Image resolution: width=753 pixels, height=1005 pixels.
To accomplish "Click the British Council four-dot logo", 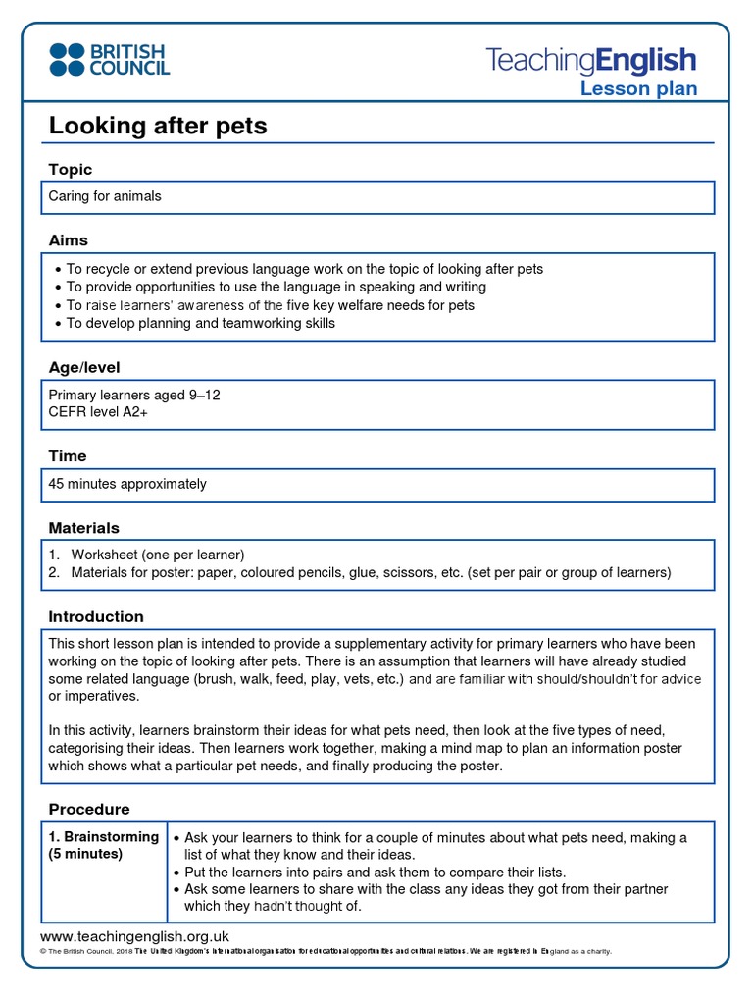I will [x=67, y=59].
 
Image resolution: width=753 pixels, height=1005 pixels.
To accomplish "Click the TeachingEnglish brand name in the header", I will [x=591, y=61].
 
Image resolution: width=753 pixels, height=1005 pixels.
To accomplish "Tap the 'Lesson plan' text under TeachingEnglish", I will [x=638, y=89].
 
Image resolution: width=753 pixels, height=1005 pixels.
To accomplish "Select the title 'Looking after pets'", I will [x=158, y=126].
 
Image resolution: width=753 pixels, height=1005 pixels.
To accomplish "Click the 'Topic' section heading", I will [x=71, y=170].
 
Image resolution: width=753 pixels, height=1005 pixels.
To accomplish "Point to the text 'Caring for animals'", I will [x=105, y=196].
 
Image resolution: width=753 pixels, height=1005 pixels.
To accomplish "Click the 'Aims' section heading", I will [x=69, y=240].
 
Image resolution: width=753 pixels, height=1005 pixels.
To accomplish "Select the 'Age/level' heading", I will [x=84, y=367].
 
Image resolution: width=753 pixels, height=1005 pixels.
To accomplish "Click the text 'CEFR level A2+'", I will [x=99, y=412].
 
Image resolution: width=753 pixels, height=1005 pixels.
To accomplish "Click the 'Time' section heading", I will [x=68, y=455].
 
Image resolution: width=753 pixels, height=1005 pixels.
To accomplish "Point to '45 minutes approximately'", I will [x=127, y=484].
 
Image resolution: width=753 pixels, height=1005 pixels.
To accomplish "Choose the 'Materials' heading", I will [x=84, y=527].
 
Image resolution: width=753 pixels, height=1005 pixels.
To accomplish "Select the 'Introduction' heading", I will [x=96, y=616].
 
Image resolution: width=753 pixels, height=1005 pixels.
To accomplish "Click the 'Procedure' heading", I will [x=89, y=809].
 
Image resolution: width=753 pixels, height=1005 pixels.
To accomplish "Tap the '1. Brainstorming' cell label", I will [x=104, y=837].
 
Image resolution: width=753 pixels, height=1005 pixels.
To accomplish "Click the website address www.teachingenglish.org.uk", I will [x=134, y=936].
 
